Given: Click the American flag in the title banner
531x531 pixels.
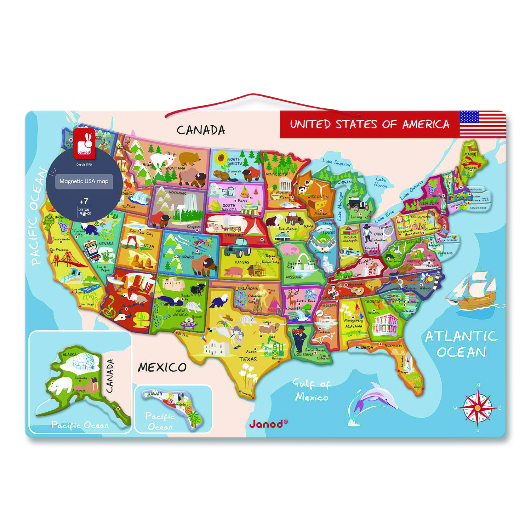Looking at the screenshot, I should point(483,124).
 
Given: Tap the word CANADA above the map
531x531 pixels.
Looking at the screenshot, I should point(201,130).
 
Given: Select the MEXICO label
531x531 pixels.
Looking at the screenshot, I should point(162,367).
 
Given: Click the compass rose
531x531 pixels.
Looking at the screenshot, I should point(478,408).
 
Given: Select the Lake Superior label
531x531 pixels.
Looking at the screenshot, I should point(337,162).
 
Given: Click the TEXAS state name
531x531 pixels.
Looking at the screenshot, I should point(248,359).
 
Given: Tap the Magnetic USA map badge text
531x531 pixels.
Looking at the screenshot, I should point(84,181).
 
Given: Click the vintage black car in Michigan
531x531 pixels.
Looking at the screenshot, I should point(358,204).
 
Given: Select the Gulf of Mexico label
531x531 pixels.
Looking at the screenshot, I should point(311,390).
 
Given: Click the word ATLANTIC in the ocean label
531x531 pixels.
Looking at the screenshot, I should point(461,336).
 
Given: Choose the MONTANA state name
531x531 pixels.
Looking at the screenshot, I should point(176,168).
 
